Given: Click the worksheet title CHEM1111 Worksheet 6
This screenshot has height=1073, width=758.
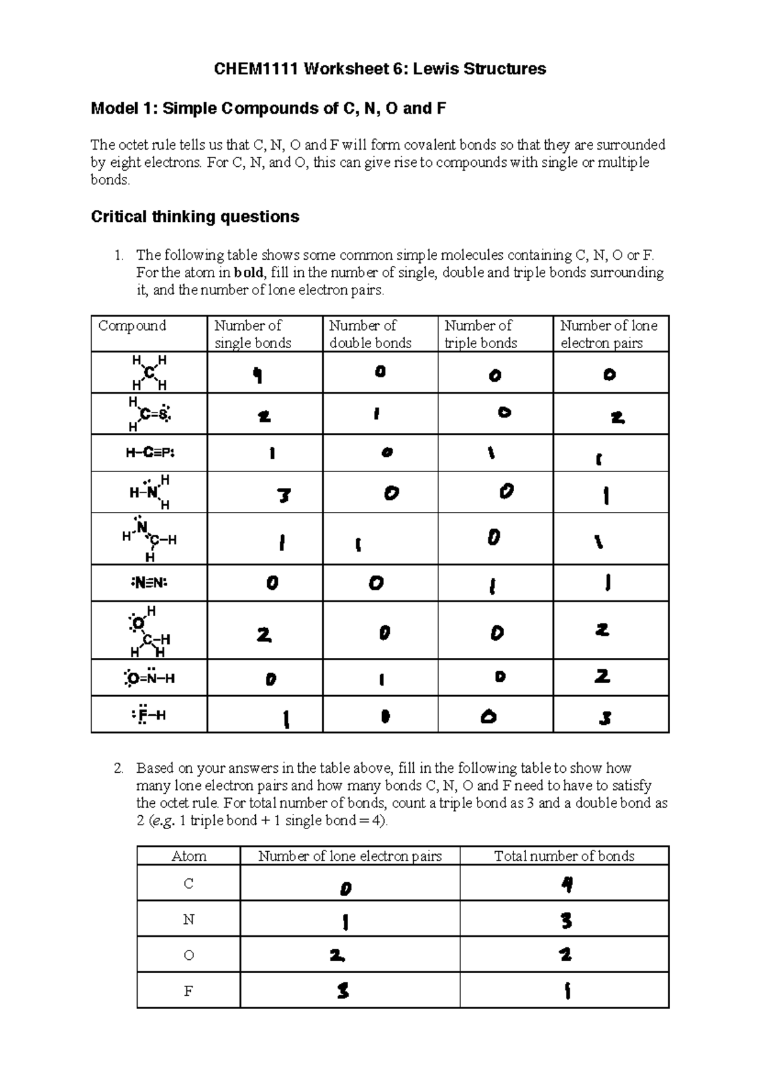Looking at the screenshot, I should tap(380, 69).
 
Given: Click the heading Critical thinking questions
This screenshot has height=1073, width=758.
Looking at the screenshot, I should tap(195, 217).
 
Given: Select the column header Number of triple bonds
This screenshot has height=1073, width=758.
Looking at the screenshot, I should tap(480, 334).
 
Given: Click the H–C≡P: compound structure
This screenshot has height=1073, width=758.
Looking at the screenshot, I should tap(149, 452).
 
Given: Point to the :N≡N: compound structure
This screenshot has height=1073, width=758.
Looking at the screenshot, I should tap(149, 583).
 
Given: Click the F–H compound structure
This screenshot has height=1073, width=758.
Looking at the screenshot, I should tap(149, 715).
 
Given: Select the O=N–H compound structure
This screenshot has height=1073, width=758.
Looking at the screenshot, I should tap(149, 679).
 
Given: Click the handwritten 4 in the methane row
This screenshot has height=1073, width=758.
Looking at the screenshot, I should tap(257, 376).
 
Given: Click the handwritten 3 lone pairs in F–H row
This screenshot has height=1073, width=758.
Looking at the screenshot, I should tap(605, 718).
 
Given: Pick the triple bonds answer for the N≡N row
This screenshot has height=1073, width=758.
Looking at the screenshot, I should tap(492, 587).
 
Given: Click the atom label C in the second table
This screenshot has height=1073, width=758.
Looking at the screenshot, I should tap(188, 883).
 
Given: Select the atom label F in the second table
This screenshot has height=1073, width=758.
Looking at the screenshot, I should tap(188, 991).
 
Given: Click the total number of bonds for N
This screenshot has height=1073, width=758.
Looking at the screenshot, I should tap(566, 921).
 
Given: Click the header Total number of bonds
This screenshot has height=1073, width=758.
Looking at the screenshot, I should tap(563, 856).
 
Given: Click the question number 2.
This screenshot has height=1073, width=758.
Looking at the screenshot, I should tap(118, 768).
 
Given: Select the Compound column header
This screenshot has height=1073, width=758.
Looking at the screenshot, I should tap(132, 325).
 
